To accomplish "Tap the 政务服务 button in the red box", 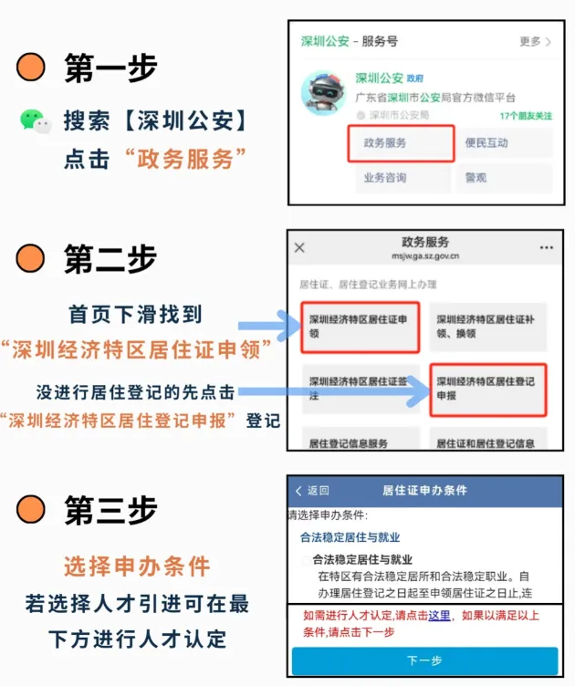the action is point(401,143).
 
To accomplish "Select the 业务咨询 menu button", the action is point(402,178).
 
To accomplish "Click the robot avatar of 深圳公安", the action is point(323,93).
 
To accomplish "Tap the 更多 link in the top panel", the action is point(535,42).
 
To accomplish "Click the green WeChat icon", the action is point(36,121).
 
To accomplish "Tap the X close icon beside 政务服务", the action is point(299,247).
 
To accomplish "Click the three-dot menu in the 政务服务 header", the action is point(547,247).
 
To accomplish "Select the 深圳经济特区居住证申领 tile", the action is point(361,327).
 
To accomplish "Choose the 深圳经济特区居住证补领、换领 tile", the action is point(488,327).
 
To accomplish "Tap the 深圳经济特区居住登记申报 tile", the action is point(488,390).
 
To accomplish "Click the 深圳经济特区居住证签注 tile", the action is point(361,389).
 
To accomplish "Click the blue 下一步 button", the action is point(425,660).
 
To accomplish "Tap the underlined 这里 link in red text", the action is point(439,616).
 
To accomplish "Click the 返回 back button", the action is point(312,491).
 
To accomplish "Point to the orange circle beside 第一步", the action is point(31,68).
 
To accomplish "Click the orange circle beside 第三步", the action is point(31,509).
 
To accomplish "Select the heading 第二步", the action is point(110,258).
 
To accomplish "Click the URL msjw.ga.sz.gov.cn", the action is point(425,256).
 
